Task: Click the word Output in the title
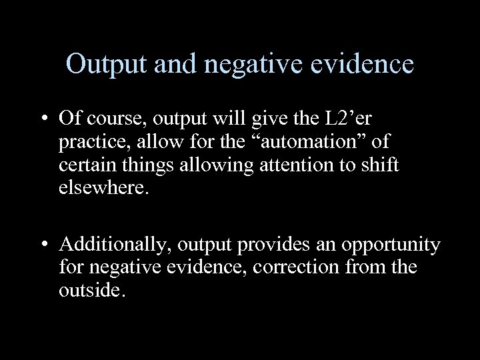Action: coord(107,65)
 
